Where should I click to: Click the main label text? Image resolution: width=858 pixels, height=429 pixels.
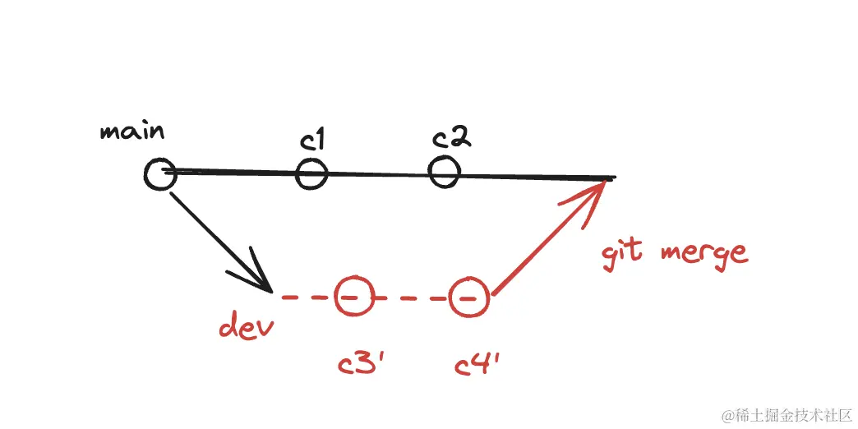coord(131,131)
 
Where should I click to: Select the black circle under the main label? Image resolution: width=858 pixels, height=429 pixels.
coord(159,173)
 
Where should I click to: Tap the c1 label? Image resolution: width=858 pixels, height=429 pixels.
coord(312,141)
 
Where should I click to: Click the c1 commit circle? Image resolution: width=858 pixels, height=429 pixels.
coord(311,174)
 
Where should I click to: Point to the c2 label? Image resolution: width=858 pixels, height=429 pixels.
coord(451,138)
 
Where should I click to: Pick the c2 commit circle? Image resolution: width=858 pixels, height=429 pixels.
coord(444,171)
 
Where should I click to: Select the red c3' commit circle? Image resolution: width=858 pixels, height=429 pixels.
coord(353,297)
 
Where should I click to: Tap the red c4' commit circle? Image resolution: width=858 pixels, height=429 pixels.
coord(468,297)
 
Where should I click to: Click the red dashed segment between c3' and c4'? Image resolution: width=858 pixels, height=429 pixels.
coord(411,298)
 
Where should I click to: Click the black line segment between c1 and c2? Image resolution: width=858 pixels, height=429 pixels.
coord(378,174)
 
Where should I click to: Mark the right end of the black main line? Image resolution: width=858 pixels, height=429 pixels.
coord(611,177)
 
